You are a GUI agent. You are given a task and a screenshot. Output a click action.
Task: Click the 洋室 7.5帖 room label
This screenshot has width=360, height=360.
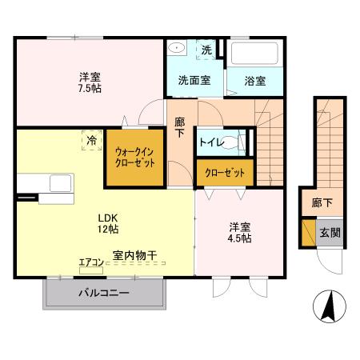90,82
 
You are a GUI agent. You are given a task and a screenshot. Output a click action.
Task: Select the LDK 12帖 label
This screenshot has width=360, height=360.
108,222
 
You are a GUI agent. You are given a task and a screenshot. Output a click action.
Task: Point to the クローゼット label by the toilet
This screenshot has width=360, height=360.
224,172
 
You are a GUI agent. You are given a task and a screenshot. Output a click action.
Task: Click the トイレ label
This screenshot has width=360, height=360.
210,143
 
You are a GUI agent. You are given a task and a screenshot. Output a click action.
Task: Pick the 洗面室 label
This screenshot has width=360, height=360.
194,80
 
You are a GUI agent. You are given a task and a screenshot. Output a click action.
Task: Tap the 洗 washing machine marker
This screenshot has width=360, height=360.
206,50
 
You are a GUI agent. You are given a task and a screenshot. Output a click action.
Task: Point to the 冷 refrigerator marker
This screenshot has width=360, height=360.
91,141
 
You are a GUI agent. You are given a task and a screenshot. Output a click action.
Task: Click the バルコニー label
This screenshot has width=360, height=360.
103,293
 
